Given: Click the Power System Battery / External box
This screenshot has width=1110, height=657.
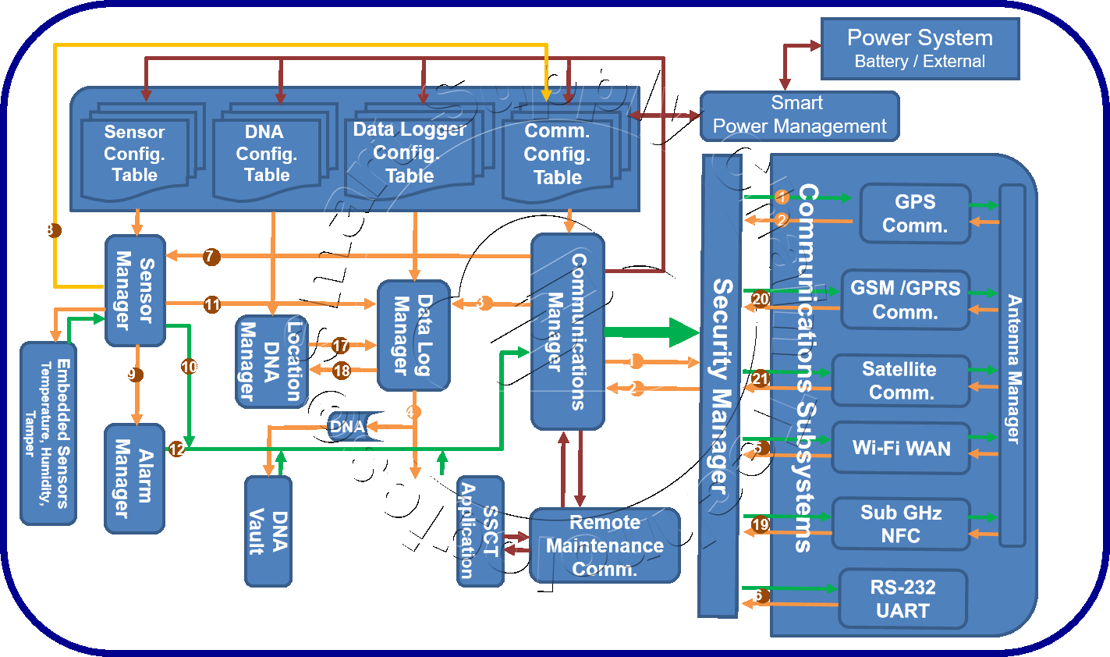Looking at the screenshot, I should point(920,49).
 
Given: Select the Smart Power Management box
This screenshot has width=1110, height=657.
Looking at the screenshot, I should point(799,115).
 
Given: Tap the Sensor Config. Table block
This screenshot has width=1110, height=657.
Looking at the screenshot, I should point(135,154).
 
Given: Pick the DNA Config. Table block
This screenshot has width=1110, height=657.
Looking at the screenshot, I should point(267,154).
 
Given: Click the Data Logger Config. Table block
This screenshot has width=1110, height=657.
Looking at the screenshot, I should point(410,153).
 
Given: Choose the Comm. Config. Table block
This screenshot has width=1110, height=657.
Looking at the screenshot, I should point(557,154).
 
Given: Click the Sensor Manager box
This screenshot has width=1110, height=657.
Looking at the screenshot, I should point(135,290).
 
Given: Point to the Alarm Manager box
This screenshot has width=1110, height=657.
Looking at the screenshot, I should point(134,478).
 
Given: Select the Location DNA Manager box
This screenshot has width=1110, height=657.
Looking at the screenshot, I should point(271,361).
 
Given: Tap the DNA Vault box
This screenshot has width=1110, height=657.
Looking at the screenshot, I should point(268,531).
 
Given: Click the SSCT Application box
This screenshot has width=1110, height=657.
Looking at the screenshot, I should point(480,531).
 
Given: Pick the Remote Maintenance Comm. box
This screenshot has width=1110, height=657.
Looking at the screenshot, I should point(605,545).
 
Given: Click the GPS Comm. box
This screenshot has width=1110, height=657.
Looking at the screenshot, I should point(914,214).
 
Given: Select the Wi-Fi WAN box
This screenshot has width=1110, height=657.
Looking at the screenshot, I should point(901,448).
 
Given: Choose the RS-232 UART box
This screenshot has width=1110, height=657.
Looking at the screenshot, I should point(903,598).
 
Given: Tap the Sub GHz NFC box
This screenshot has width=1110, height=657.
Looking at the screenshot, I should point(901,524).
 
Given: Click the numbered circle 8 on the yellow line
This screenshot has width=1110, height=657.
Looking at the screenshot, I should point(50,229).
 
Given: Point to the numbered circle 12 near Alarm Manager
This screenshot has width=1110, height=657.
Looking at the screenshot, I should point(177,449).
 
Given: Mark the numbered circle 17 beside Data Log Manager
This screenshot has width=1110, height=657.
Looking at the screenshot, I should point(340,345).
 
